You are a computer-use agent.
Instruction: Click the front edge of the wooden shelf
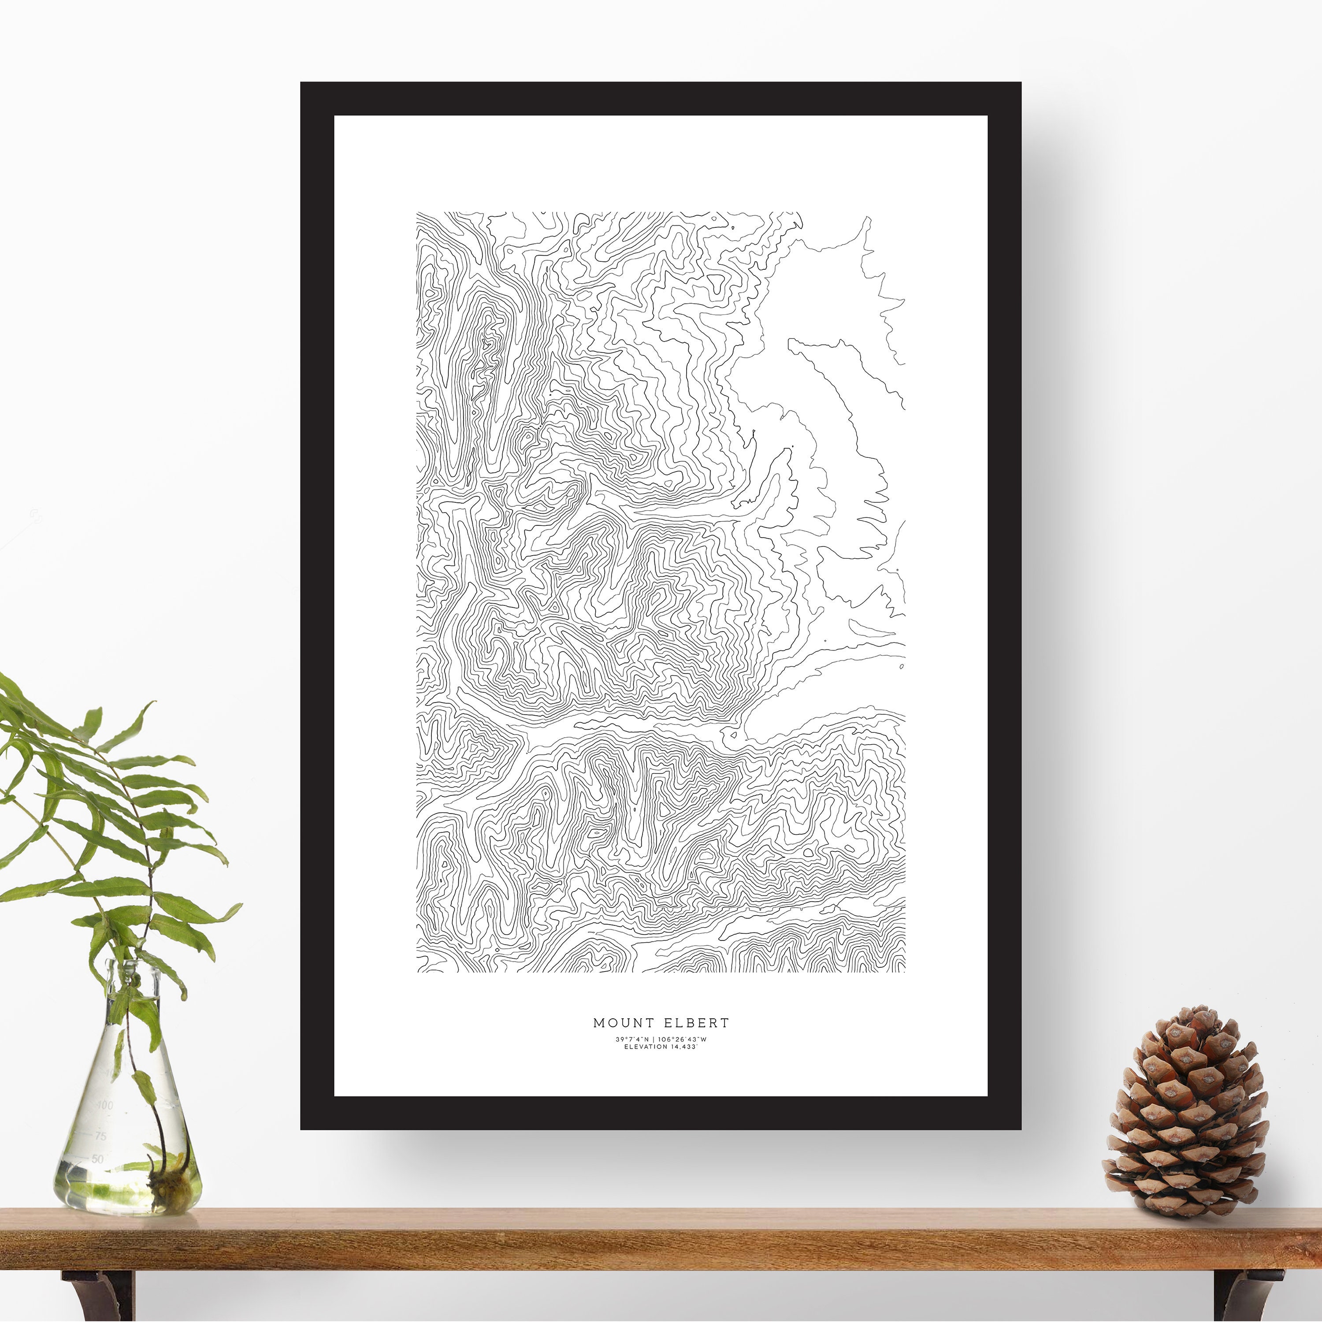click(x=660, y=1255)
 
